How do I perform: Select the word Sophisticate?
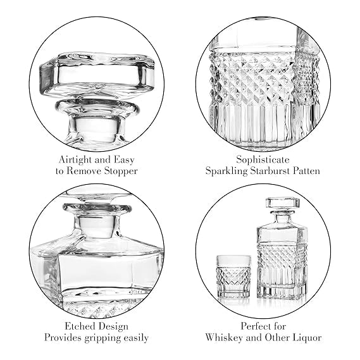click(263, 159)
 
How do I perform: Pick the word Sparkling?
click(227, 171)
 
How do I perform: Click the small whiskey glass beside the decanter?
click(233, 276)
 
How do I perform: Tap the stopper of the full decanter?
click(283, 206)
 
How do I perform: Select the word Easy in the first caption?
click(125, 160)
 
